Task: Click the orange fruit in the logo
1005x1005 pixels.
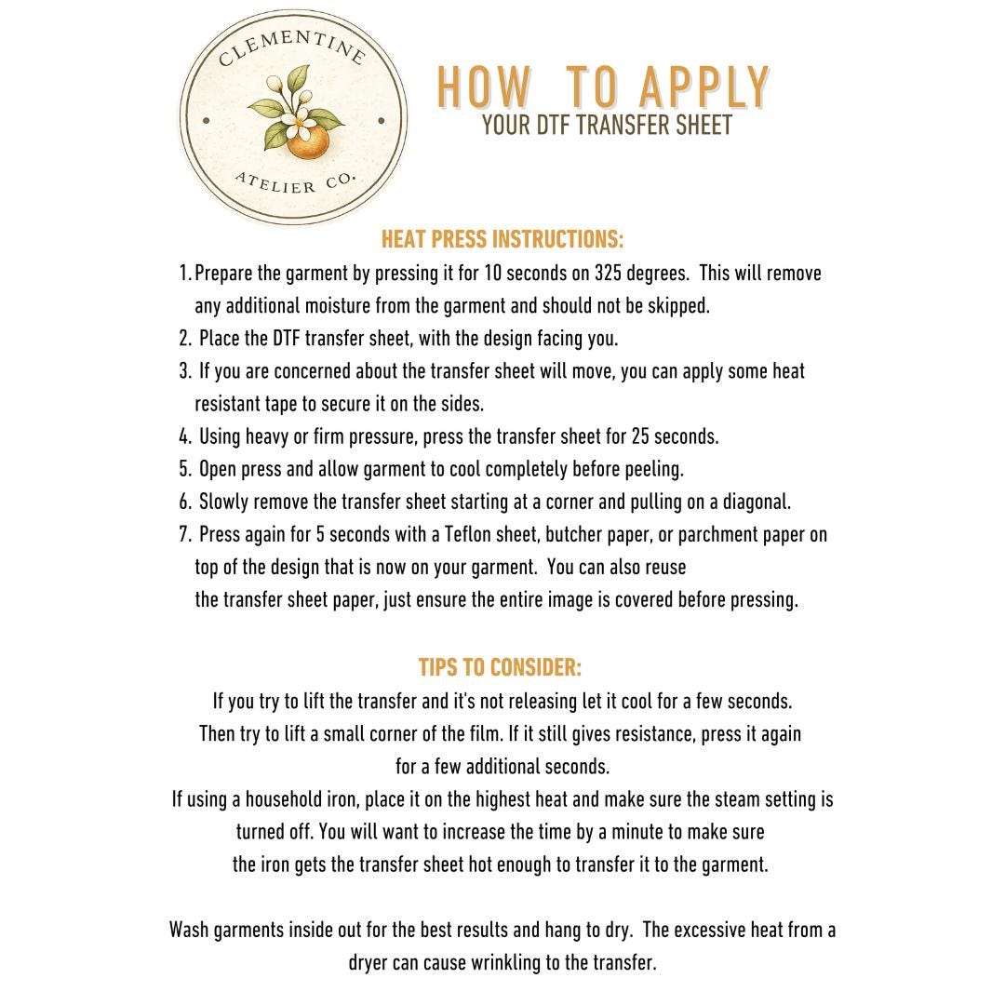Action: coord(308,141)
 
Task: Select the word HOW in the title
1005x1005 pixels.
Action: coord(484,89)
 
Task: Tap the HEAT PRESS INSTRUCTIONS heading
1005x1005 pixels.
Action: coord(502,240)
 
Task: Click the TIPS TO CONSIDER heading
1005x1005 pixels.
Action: coord(501,667)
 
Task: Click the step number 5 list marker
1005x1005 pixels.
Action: coord(184,469)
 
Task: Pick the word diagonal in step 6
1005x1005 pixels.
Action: coord(754,502)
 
